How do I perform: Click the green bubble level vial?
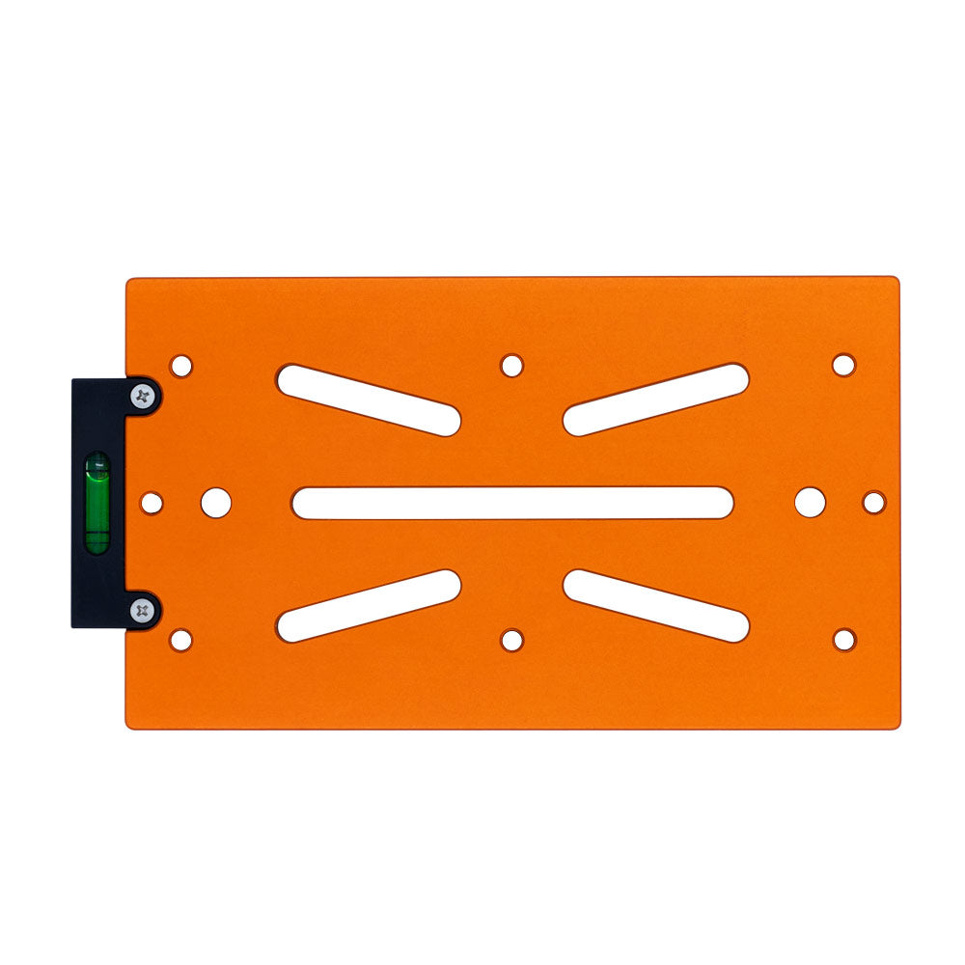[x=97, y=503]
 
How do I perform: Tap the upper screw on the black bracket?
[x=144, y=395]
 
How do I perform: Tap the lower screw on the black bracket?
[x=144, y=610]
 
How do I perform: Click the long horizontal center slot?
[x=512, y=503]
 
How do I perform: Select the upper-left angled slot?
[x=368, y=400]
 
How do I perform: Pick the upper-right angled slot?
[x=656, y=400]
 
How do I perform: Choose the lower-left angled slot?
[x=368, y=606]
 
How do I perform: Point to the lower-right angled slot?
[x=656, y=606]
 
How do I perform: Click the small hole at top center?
[x=512, y=366]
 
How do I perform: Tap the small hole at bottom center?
[x=512, y=640]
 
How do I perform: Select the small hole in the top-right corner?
[x=843, y=365]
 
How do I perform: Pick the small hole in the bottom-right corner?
[x=843, y=640]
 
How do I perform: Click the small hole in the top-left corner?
[x=180, y=367]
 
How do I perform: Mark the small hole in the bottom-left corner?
[x=180, y=640]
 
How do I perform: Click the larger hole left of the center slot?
[x=216, y=502]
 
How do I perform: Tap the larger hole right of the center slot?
[x=810, y=502]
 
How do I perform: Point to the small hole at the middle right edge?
[x=873, y=503]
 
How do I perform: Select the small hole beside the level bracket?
[x=152, y=503]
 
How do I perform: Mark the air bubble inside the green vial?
[x=97, y=470]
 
